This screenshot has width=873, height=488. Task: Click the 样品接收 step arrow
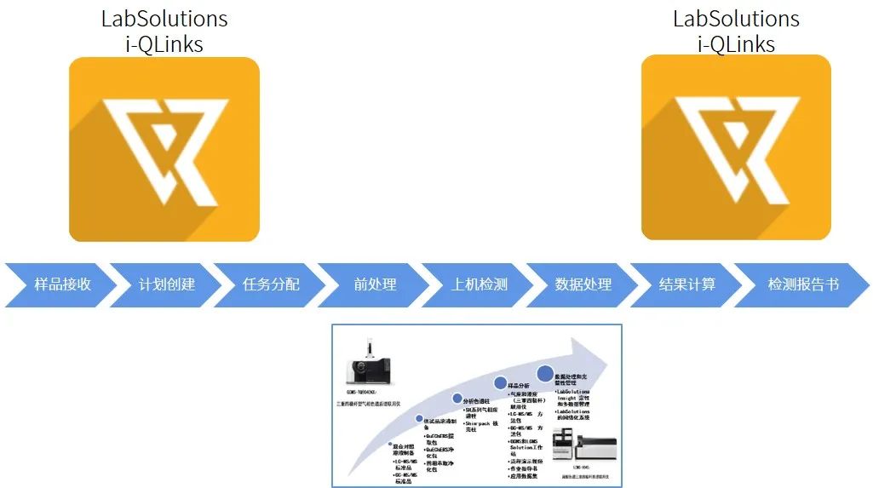[x=62, y=284]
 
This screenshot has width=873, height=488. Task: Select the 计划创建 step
[x=167, y=284]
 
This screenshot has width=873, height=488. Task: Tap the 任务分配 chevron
[x=271, y=284]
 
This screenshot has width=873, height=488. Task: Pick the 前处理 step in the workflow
[x=376, y=284]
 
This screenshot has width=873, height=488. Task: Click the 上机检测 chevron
[x=480, y=284]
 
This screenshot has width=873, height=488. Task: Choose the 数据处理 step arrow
[x=583, y=284]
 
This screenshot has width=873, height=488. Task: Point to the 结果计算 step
[x=687, y=284]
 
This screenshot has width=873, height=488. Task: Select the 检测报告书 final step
[x=803, y=284]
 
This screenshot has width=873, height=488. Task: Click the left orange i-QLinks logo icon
[x=164, y=149]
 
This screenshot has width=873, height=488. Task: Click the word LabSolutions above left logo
[x=164, y=18]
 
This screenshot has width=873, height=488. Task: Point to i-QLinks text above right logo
[x=736, y=43]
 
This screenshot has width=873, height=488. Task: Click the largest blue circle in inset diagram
[x=544, y=373]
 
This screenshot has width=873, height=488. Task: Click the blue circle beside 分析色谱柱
[x=457, y=399]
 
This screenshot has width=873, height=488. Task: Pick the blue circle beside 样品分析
[x=500, y=383]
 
